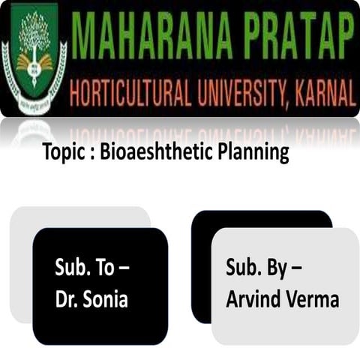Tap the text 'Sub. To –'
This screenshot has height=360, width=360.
click(x=94, y=268)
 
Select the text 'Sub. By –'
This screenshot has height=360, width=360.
click(x=265, y=268)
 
